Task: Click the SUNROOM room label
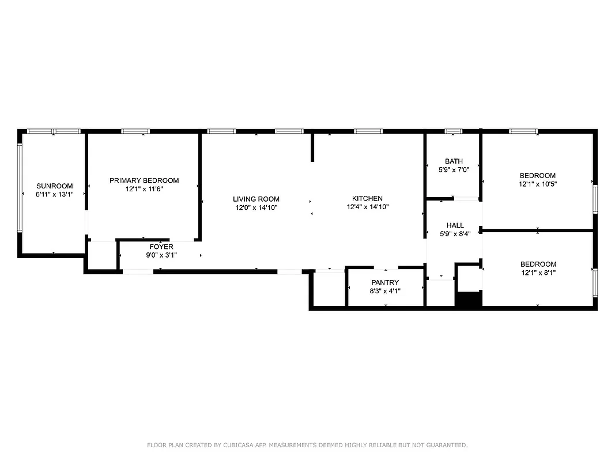[55, 186]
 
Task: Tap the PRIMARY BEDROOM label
[144, 180]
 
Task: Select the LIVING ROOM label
[256, 199]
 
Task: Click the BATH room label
[454, 161]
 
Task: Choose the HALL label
[454, 225]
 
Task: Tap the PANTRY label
[385, 282]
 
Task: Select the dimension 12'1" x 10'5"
[537, 184]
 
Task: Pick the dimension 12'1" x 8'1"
[537, 273]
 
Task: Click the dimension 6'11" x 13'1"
[55, 194]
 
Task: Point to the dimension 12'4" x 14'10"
[367, 207]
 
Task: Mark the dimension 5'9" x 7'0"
[454, 170]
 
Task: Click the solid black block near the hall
[469, 299]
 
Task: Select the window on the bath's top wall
[453, 131]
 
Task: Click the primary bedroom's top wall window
[135, 131]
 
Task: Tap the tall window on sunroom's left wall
[20, 188]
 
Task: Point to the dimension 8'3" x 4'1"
[385, 291]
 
